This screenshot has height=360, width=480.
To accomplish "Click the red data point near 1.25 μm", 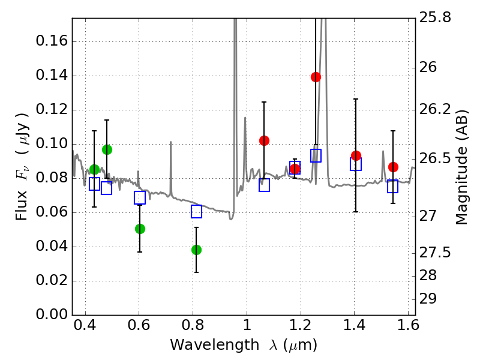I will pyautogui.click(x=316, y=77).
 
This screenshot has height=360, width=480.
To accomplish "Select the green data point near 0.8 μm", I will pyautogui.click(x=196, y=250).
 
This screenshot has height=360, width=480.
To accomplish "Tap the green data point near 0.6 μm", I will pyautogui.click(x=140, y=229).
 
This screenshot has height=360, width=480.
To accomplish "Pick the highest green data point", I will pyautogui.click(x=107, y=149).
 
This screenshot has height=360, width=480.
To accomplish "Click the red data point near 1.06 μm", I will pyautogui.click(x=264, y=140).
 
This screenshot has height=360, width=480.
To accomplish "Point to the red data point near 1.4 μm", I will pyautogui.click(x=356, y=155).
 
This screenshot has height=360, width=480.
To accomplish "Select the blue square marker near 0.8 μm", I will pyautogui.click(x=196, y=211).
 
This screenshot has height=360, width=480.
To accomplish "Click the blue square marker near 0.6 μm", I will pyautogui.click(x=140, y=198).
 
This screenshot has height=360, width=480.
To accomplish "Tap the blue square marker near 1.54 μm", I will pyautogui.click(x=392, y=186).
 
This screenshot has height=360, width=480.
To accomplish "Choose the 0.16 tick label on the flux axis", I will pyautogui.click(x=52, y=41).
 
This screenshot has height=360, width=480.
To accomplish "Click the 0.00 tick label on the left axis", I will pyautogui.click(x=52, y=315).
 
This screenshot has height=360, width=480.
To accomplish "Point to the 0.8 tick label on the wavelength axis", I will pyautogui.click(x=193, y=327).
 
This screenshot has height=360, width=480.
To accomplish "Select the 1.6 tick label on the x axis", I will pyautogui.click(x=407, y=327).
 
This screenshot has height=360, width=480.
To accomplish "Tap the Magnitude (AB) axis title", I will pyautogui.click(x=461, y=167).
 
